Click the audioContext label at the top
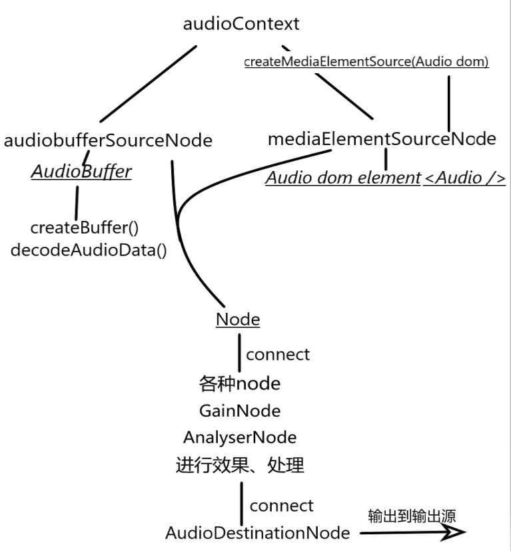tap(241, 25)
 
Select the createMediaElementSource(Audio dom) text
tap(366, 62)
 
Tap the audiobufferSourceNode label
tap(108, 140)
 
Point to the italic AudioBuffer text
tap(81, 172)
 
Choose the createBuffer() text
tap(84, 228)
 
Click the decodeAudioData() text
tap(89, 251)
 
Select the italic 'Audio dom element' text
tap(342, 178)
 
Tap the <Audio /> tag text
tap(464, 178)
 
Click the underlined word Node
tap(237, 319)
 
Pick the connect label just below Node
tap(277, 354)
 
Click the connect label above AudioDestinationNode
tap(281, 505)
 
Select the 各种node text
tap(239, 384)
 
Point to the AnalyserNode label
tap(239, 437)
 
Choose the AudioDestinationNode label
tap(257, 532)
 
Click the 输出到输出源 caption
tap(412, 516)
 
